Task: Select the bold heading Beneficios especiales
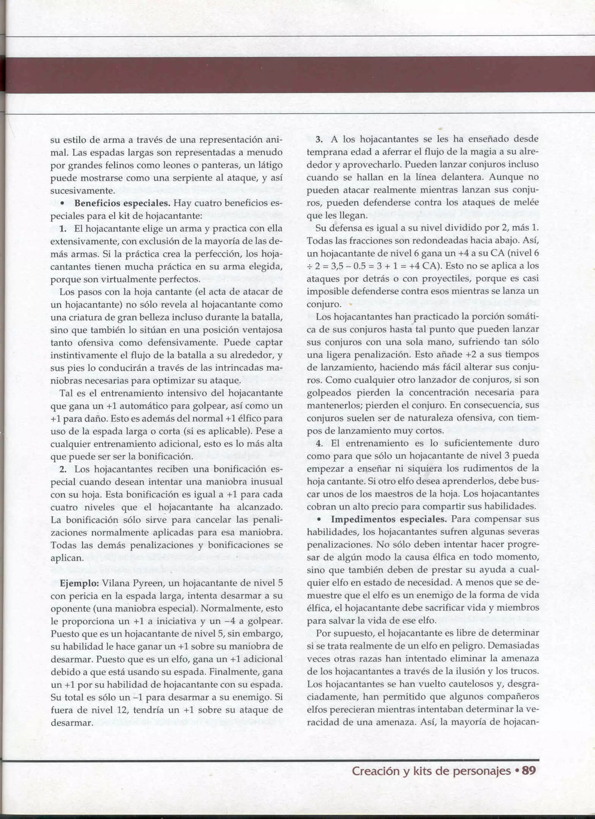click(x=122, y=203)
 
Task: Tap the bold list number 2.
click(x=63, y=469)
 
